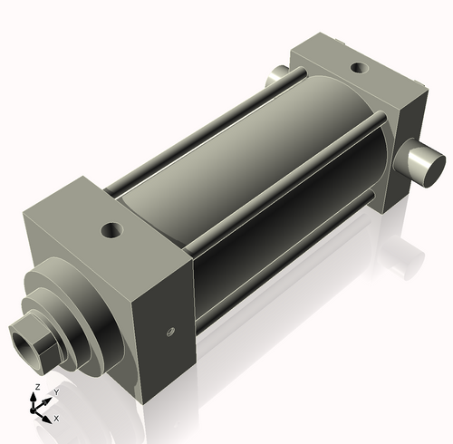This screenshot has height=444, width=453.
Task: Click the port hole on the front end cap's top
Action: point(112,230)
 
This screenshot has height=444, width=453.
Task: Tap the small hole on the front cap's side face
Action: point(169,332)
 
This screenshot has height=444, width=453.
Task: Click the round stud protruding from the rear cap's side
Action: point(423,165)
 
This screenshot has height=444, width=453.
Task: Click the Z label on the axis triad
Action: point(35,387)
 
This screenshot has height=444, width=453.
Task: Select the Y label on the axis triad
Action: point(55,391)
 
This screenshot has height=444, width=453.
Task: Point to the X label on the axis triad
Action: point(56,419)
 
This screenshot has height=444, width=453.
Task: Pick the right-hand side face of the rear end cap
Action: point(408,145)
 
